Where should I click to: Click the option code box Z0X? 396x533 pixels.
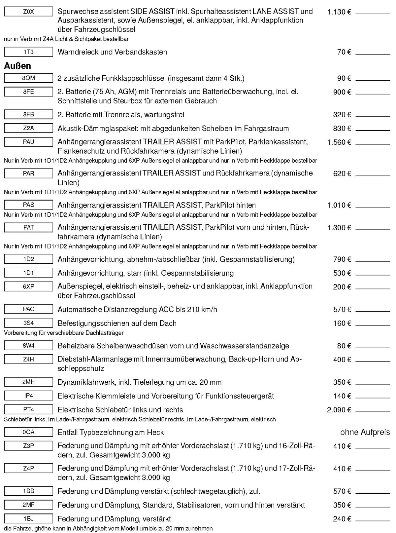[x=28, y=12]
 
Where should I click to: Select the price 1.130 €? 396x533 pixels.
[x=339, y=12]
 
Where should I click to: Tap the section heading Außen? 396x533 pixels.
[x=17, y=66]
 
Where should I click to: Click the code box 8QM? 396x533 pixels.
[x=28, y=78]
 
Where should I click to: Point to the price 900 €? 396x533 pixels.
[x=342, y=92]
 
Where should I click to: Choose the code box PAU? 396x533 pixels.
[x=28, y=142]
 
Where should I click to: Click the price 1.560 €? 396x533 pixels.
[x=339, y=142]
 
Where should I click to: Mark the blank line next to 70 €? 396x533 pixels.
[x=373, y=54]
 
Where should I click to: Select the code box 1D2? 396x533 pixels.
[x=28, y=259]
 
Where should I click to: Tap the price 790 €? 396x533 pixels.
[x=342, y=259]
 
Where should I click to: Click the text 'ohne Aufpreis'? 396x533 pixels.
[x=365, y=432]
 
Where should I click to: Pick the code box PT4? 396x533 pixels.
[x=28, y=409]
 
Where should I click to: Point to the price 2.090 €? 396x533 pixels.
[x=339, y=410]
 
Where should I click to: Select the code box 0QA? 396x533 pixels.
[x=28, y=432]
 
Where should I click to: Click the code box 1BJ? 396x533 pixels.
[x=28, y=518]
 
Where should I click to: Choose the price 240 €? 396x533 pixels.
[x=342, y=519]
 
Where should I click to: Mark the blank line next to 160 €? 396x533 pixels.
[x=373, y=325]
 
